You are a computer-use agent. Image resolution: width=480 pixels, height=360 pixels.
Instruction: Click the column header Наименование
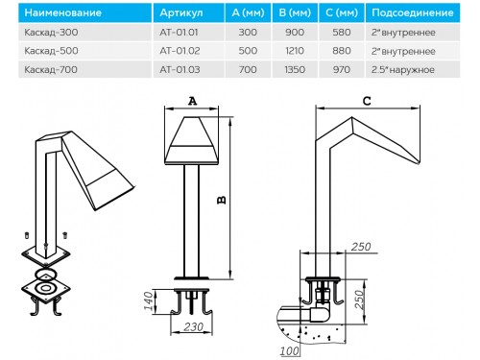pyautogui.click(x=63, y=12)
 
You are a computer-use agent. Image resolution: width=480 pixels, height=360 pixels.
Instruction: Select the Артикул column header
pyautogui.click(x=181, y=12)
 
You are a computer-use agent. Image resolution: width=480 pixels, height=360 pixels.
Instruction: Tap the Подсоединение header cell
pyautogui.click(x=413, y=12)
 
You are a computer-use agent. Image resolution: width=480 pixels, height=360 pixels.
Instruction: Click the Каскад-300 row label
pyautogui.click(x=51, y=33)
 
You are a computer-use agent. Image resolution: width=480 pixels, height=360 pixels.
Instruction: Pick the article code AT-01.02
pyautogui.click(x=180, y=51)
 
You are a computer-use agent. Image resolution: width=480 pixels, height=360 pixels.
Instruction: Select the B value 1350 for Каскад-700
pyautogui.click(x=295, y=69)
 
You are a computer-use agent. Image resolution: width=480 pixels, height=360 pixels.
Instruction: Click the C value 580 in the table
pyautogui.click(x=342, y=33)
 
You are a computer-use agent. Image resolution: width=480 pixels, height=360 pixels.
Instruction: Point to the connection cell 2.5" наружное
pyautogui.click(x=403, y=70)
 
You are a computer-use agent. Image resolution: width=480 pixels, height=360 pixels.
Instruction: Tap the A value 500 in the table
pyautogui.click(x=248, y=51)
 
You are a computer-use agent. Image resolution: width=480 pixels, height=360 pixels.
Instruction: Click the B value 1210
pyautogui.click(x=295, y=51)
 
